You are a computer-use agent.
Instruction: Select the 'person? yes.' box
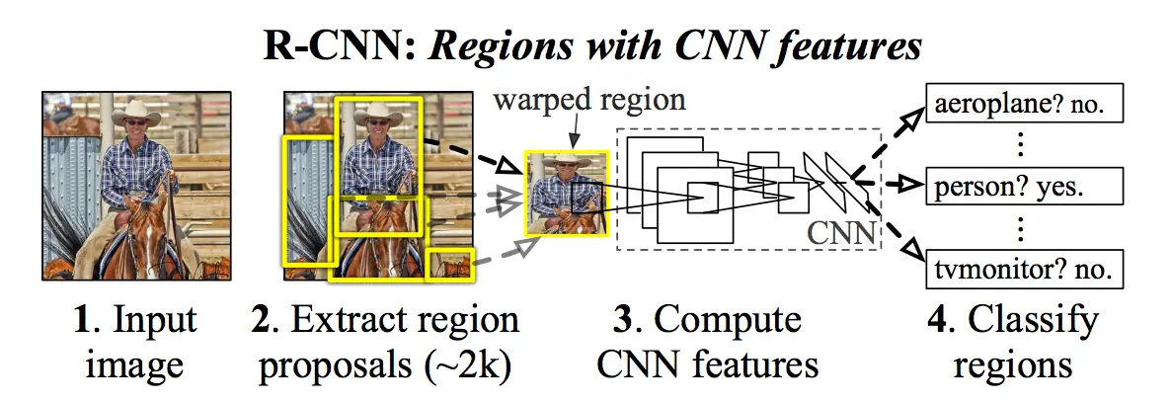pos(1026,185)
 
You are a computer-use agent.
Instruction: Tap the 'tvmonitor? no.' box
pos(1026,267)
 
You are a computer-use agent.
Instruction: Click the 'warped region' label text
pos(590,100)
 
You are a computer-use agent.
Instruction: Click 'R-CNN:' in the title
pos(315,45)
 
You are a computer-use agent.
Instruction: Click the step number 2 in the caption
pos(261,321)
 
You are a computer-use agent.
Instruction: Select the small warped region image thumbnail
pos(567,195)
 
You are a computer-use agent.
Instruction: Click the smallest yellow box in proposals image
pos(451,265)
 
